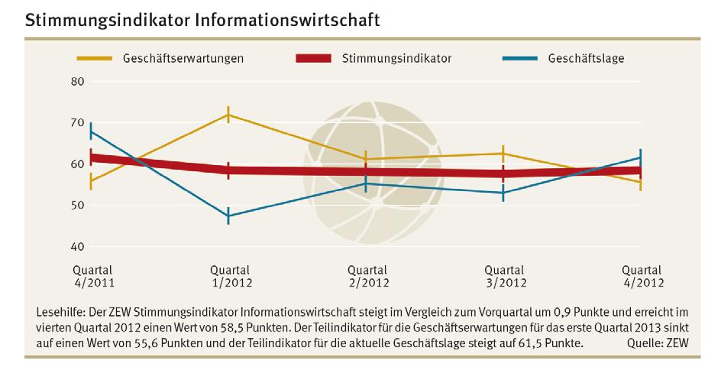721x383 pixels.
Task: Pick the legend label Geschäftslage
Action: coord(587,58)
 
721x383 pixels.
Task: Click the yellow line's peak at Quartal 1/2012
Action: coord(228,115)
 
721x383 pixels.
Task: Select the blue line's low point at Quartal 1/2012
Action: coord(228,216)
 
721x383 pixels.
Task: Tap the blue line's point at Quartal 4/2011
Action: coord(91,131)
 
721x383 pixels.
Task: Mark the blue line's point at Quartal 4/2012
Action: coord(640,157)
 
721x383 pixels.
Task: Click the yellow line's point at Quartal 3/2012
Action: coord(503,154)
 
